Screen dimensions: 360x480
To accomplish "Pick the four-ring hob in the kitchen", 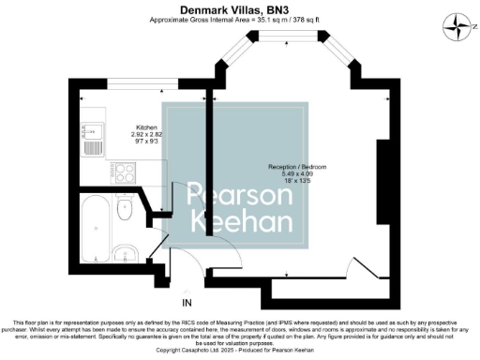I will (125, 172).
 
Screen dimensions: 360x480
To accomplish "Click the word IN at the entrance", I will (187, 302).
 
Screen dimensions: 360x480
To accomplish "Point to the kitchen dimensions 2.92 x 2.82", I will (146, 135).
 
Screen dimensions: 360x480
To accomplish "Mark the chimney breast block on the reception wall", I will (382, 183).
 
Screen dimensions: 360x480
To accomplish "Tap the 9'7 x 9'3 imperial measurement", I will (146, 142).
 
